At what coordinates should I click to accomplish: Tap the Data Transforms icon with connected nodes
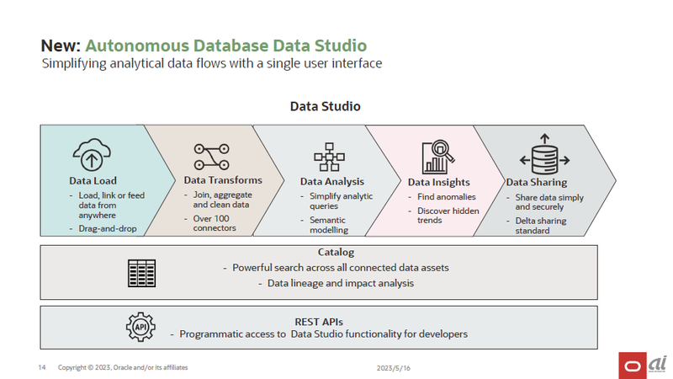pos(212,157)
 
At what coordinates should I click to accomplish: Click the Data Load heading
pos(93,181)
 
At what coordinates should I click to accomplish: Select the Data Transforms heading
pos(223,180)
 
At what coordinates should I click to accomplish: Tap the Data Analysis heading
pos(331,181)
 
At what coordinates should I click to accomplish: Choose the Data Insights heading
pos(438,182)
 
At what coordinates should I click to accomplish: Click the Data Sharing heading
pos(536,182)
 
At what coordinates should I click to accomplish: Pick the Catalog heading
pos(336,252)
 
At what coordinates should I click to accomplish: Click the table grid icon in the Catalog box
pos(141,273)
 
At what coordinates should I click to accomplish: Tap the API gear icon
pos(140,326)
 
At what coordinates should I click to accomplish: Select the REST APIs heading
pos(319,321)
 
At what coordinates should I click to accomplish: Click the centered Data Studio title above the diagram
pos(325,107)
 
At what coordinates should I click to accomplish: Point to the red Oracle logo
pos(632,366)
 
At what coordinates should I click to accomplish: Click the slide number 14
pos(41,368)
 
